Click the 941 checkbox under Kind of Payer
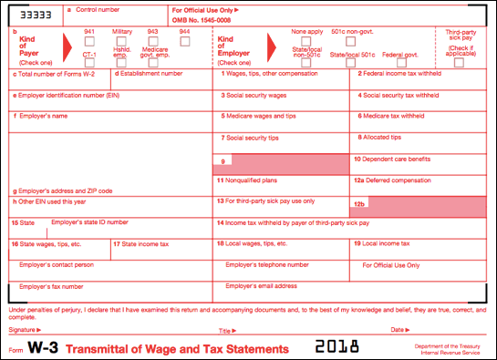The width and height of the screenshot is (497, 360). click(x=89, y=42)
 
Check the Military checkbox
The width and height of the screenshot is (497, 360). click(x=122, y=42)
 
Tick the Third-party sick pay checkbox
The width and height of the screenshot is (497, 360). click(x=459, y=61)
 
